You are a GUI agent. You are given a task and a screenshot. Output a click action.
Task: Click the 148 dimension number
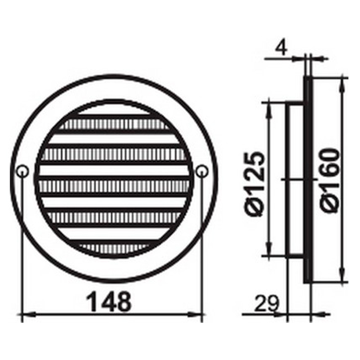click(109, 302)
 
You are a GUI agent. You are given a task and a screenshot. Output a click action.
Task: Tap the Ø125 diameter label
click(255, 184)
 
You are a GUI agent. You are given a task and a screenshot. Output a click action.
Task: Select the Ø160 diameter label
click(330, 181)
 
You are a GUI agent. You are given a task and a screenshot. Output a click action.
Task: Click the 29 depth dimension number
click(267, 303)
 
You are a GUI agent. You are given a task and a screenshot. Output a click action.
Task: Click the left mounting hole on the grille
click(23, 171)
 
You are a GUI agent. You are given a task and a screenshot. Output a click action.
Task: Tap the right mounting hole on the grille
click(202, 171)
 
